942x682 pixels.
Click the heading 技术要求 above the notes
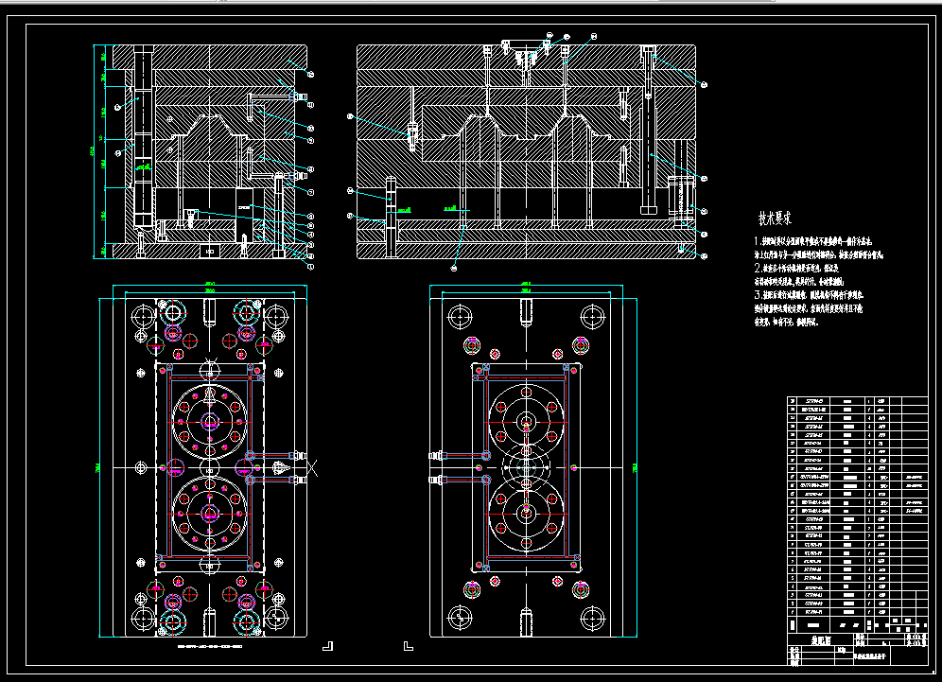775,217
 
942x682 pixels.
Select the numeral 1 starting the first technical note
756,243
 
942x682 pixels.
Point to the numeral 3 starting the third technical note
757,295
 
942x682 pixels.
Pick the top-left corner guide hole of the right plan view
461,316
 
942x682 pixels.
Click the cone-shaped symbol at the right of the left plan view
285,467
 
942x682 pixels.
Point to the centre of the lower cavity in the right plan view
527,511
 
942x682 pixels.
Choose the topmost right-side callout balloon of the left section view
309,73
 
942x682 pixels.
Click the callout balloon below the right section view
455,269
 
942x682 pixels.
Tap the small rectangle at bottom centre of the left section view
210,251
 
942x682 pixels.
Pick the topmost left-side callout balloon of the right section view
350,116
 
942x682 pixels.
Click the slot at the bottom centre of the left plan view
209,623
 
